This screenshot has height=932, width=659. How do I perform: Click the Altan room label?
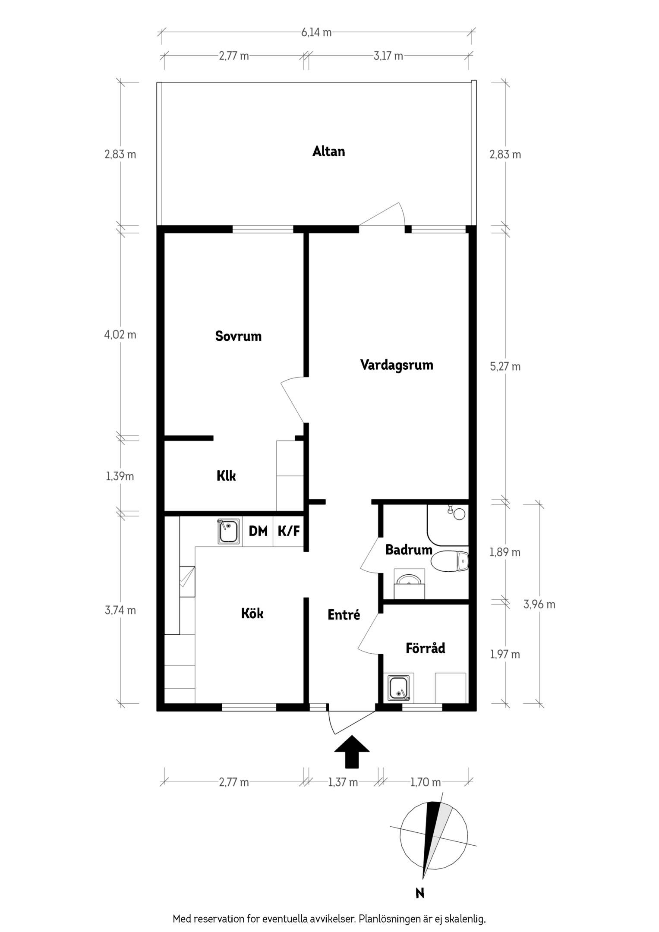[x=329, y=151]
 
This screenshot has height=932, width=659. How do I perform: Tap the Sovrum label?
[x=238, y=336]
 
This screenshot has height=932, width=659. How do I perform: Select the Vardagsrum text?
[x=397, y=365]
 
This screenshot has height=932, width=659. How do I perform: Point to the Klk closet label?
[x=226, y=476]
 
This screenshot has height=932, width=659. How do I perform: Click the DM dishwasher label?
[x=258, y=531]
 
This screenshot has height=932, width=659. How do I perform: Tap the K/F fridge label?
[x=289, y=531]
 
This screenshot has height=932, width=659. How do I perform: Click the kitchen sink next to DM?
[x=229, y=532]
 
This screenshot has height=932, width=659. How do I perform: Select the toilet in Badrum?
[x=449, y=561]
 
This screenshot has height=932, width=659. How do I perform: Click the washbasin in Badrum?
[x=410, y=584]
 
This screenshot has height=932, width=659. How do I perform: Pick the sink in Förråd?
[x=399, y=688]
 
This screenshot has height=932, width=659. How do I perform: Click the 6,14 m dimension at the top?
[x=316, y=32]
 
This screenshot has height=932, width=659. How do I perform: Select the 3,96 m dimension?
[x=539, y=605]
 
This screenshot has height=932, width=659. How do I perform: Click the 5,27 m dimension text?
[x=505, y=367]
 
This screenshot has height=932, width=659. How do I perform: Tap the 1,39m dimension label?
[x=120, y=476]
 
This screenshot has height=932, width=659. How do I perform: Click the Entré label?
[x=344, y=615]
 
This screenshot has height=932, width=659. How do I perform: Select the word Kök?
[x=252, y=613]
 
